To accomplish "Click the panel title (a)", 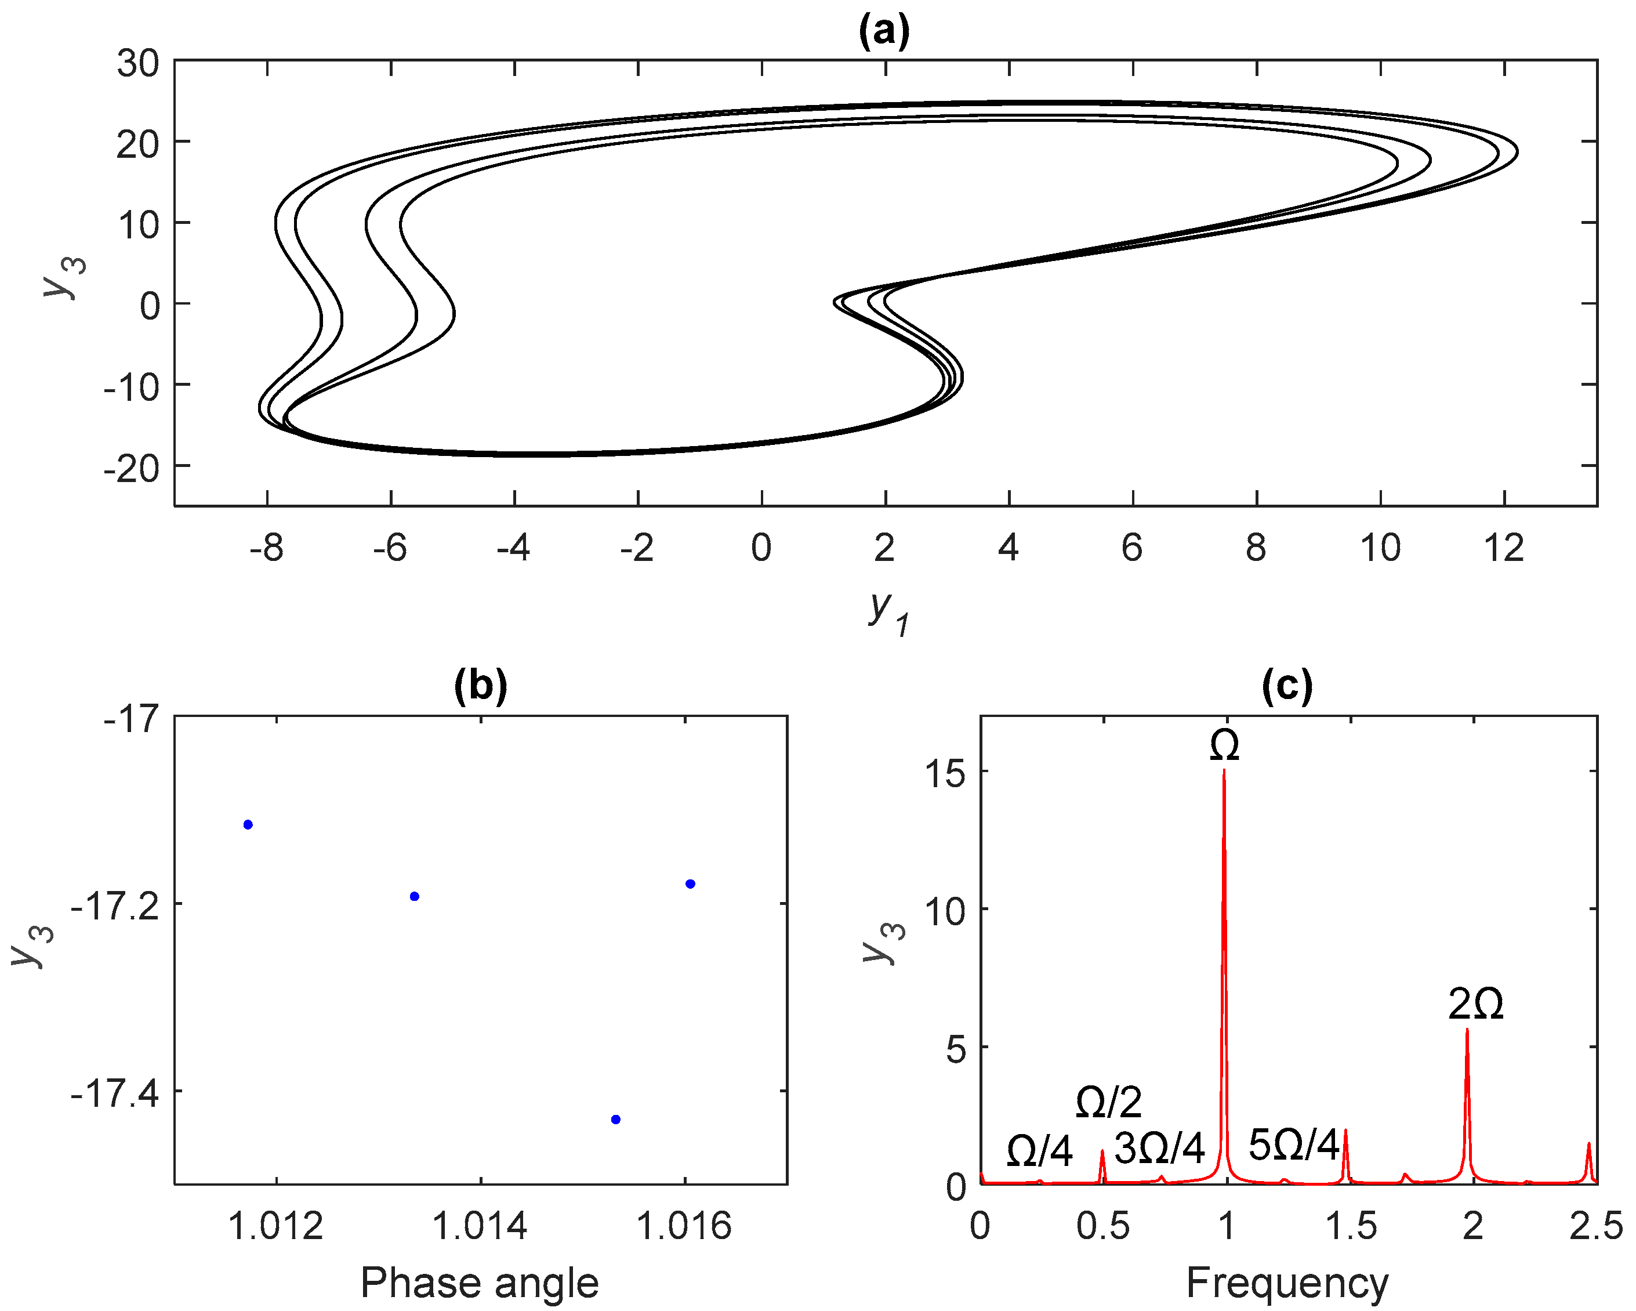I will tap(884, 32).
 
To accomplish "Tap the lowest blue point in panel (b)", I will tap(615, 1120).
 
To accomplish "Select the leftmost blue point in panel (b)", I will tap(248, 824).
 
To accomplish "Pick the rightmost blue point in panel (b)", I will tap(690, 883).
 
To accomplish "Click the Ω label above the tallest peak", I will tap(1225, 745).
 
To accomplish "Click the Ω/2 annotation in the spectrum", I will tap(1109, 1102).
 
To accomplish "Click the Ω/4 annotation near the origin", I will tap(1039, 1151).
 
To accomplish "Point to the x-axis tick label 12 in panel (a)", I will tap(1503, 548).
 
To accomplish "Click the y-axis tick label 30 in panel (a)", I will tap(138, 64).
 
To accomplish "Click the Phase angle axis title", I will tap(480, 1283).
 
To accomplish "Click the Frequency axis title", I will tap(1287, 1283).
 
